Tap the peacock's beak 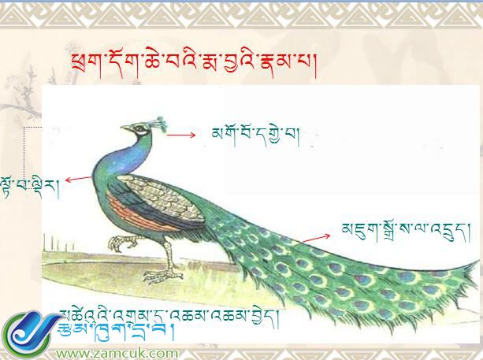125,129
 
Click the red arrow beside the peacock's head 180,135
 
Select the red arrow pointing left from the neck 78,180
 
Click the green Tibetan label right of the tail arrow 395,229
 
